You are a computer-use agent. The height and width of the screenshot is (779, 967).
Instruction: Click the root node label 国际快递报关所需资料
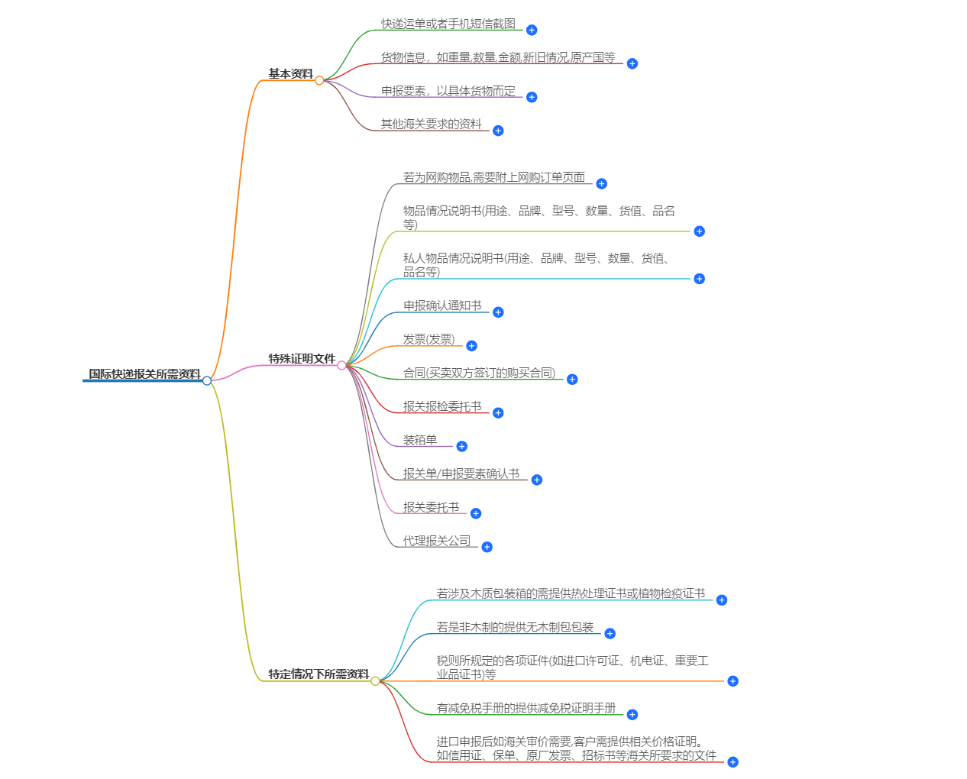(x=144, y=374)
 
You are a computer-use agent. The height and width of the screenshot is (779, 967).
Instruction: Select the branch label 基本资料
(x=290, y=74)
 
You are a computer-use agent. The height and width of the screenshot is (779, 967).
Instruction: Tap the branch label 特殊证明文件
(x=302, y=359)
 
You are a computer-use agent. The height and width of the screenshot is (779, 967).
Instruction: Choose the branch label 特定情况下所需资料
(x=318, y=674)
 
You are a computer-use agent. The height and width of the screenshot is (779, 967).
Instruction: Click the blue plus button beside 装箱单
(x=461, y=447)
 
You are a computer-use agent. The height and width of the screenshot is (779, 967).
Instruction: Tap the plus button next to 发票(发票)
(x=471, y=346)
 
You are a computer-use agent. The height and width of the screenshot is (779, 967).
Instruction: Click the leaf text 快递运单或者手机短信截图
(x=448, y=24)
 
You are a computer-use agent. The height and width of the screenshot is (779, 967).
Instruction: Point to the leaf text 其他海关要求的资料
(x=432, y=124)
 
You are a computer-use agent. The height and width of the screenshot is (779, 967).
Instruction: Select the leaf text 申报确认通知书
(x=442, y=306)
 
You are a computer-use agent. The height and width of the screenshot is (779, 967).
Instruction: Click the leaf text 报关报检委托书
(x=442, y=407)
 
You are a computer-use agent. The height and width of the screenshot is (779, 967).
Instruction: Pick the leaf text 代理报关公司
(x=437, y=541)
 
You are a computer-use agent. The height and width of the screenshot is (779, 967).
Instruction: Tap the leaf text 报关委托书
(x=431, y=508)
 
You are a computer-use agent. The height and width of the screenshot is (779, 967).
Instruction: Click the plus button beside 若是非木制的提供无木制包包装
(x=610, y=634)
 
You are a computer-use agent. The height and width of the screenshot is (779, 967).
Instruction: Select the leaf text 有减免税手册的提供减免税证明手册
(x=526, y=709)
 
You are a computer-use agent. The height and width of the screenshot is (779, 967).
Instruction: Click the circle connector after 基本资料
(x=319, y=80)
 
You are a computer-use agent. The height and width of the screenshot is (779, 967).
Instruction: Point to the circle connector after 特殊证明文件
(x=341, y=365)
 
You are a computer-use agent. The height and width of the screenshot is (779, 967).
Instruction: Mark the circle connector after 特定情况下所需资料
(x=375, y=681)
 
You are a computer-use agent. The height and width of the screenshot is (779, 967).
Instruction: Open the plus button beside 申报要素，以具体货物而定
(x=532, y=97)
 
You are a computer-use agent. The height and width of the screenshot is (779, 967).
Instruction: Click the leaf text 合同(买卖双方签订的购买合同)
(x=479, y=373)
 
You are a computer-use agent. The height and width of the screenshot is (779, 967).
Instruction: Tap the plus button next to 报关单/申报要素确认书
(x=537, y=480)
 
